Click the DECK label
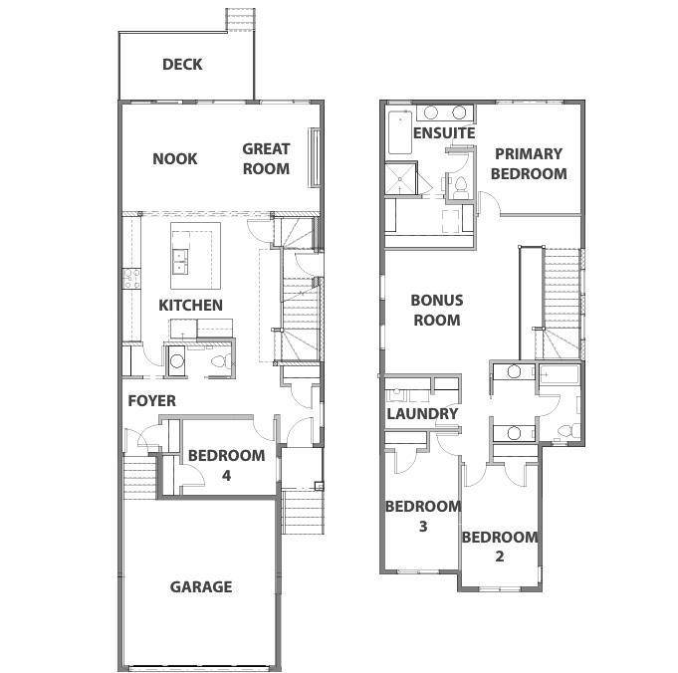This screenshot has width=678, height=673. (182, 65)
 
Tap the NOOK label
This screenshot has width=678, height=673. (174, 158)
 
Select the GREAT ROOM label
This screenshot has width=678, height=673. (266, 158)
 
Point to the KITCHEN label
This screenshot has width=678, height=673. (190, 305)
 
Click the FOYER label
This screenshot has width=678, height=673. (151, 400)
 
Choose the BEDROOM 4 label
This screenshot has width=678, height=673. (226, 465)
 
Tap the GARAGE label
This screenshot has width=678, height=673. (200, 586)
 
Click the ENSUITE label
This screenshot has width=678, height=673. (443, 132)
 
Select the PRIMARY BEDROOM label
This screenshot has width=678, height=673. (529, 163)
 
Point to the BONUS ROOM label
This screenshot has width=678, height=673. (436, 310)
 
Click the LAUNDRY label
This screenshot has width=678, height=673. (422, 413)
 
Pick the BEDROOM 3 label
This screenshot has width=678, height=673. (423, 516)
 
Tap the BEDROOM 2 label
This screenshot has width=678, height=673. (499, 546)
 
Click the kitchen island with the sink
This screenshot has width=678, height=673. (193, 251)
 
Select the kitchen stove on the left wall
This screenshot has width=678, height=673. (130, 278)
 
